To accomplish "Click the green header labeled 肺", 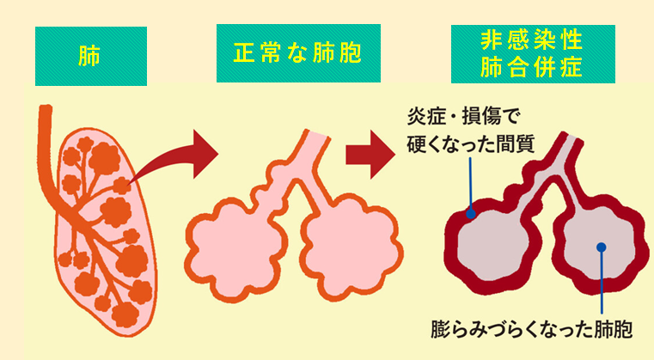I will (x=90, y=56).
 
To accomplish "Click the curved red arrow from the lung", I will (x=172, y=159).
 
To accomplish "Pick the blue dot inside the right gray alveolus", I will (x=602, y=247).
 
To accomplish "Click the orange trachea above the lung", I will (x=44, y=129).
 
